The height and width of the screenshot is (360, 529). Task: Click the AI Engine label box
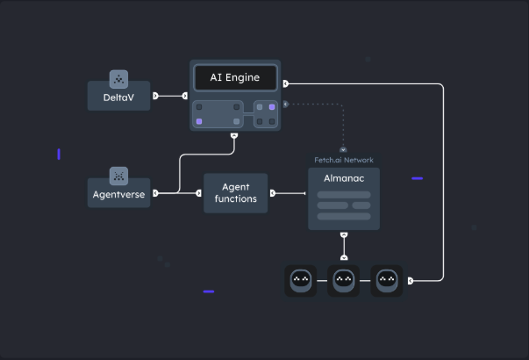(235, 77)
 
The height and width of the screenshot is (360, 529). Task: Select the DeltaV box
(118, 97)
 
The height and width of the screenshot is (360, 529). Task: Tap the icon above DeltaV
(118, 79)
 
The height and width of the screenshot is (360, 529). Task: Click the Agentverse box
(118, 193)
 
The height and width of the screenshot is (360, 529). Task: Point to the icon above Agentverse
(118, 176)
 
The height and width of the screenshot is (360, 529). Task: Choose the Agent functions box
(235, 193)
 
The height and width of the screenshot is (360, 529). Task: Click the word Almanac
(343, 178)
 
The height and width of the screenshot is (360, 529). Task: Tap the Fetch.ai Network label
(344, 160)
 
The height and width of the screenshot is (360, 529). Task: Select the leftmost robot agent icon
(301, 281)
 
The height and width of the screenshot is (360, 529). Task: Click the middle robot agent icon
(344, 281)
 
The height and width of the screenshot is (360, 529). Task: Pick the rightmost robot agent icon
(387, 281)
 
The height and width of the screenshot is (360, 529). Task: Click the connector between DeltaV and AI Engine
(170, 96)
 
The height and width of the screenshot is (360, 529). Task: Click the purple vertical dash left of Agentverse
(59, 155)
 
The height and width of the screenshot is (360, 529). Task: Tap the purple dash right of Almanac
(417, 178)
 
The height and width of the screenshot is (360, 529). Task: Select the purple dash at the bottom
(209, 292)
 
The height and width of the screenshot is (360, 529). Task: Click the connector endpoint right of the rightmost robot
(411, 281)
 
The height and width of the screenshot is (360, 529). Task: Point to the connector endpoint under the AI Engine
(233, 136)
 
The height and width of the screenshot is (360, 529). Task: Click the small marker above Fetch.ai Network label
(343, 150)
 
